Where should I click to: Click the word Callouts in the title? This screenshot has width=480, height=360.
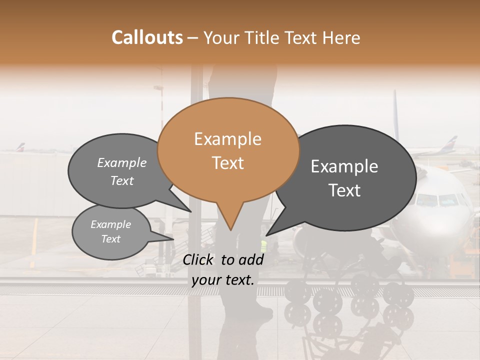(x=147, y=37)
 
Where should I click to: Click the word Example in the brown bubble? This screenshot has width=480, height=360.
(x=227, y=139)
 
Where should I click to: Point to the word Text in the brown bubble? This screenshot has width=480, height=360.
(x=227, y=163)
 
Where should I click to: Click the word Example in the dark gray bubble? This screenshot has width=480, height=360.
(x=344, y=166)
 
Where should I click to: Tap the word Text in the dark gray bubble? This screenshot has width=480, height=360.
(x=344, y=190)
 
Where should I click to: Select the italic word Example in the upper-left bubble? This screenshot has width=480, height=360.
(x=121, y=163)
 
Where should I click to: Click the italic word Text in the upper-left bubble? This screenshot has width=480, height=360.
(x=121, y=181)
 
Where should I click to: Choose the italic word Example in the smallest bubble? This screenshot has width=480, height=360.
(x=110, y=224)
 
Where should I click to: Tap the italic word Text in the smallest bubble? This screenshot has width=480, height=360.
(x=110, y=239)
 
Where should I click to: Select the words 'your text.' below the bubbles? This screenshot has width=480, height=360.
(x=223, y=280)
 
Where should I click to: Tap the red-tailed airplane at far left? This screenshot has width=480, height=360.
(x=20, y=148)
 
